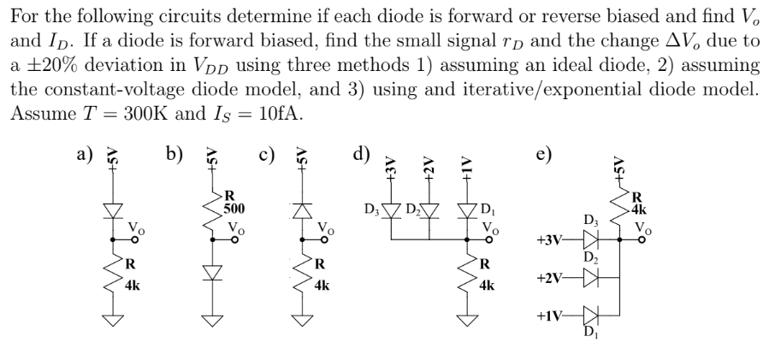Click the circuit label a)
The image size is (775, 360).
(x=84, y=155)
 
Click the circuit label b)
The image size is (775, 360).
(x=175, y=155)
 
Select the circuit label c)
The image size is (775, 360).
(x=266, y=155)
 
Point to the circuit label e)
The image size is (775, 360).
(x=545, y=155)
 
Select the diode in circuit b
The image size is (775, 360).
(x=206, y=271)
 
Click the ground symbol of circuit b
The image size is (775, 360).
(x=206, y=322)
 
